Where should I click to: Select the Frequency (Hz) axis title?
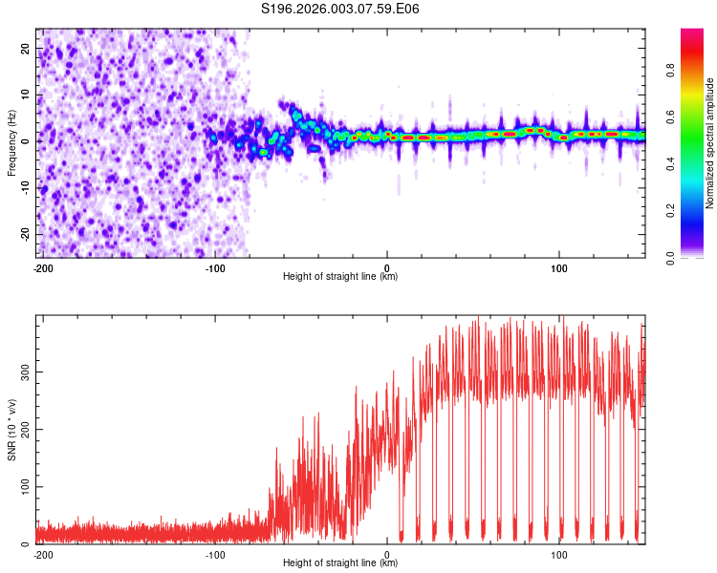[11, 143]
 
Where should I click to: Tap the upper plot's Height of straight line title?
[340, 277]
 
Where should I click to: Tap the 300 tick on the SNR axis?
[25, 371]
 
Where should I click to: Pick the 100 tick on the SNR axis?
[25, 487]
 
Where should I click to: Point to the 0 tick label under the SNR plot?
[387, 555]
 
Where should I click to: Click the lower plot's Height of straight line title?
[340, 563]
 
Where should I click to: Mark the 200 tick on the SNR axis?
[25, 430]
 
